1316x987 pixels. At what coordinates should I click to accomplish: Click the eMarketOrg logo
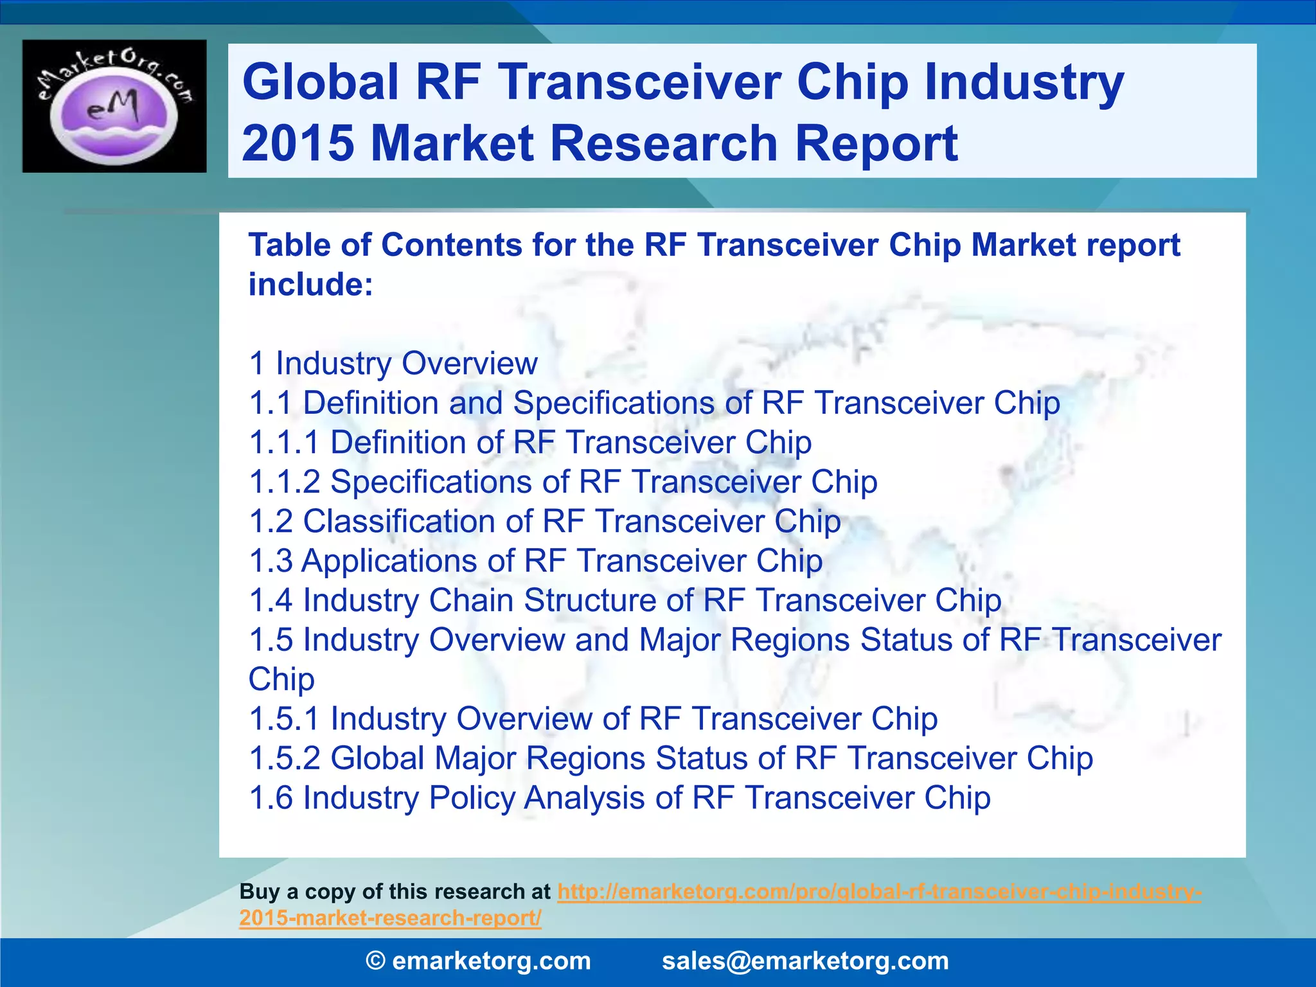pos(114,106)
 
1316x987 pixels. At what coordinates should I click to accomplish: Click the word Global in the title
pos(320,82)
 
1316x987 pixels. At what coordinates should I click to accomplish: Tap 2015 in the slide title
pos(298,143)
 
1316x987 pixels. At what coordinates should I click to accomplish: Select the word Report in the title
pos(876,143)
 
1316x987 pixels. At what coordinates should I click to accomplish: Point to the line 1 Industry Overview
pos(393,364)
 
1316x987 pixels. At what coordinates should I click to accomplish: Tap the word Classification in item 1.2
pos(417,521)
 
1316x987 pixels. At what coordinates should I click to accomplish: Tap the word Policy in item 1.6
pos(472,797)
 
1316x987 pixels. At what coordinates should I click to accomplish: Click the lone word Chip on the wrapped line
pos(281,679)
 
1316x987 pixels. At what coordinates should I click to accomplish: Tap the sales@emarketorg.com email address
pos(805,961)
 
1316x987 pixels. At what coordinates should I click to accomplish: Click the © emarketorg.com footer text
pos(478,961)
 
